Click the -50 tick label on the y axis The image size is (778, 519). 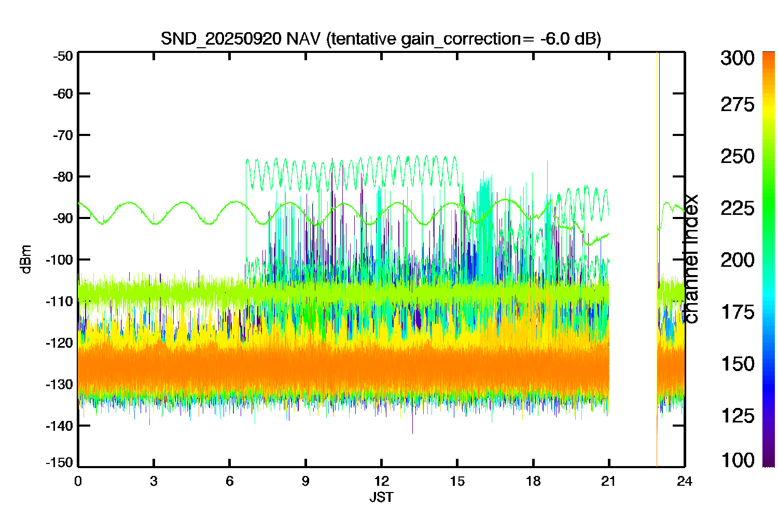pyautogui.click(x=63, y=56)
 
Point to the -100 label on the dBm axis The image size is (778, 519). pyautogui.click(x=60, y=259)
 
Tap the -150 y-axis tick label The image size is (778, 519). pyautogui.click(x=60, y=462)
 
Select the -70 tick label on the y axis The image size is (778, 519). pyautogui.click(x=63, y=135)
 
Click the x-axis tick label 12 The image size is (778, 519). pyautogui.click(x=381, y=482)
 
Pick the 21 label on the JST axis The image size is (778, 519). pyautogui.click(x=608, y=482)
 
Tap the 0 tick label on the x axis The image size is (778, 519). pyautogui.click(x=78, y=482)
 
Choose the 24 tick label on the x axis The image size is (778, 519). pyautogui.click(x=685, y=482)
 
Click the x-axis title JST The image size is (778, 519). pyautogui.click(x=381, y=497)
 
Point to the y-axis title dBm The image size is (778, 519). pyautogui.click(x=26, y=259)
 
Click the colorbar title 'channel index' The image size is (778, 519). pyautogui.click(x=690, y=259)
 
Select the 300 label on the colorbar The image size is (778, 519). pyautogui.click(x=738, y=58)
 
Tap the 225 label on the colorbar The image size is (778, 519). pyautogui.click(x=738, y=209)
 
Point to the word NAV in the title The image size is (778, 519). pyautogui.click(x=303, y=38)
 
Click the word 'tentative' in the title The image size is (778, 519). pyautogui.click(x=363, y=38)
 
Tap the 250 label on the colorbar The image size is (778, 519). pyautogui.click(x=738, y=156)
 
